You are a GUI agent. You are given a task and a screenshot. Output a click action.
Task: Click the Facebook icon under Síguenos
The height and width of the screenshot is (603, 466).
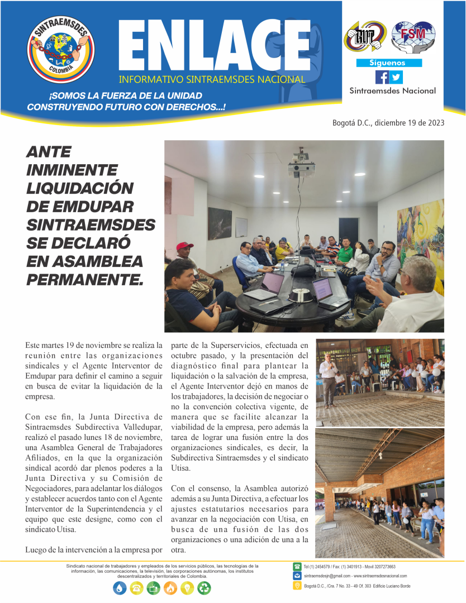click(382, 77)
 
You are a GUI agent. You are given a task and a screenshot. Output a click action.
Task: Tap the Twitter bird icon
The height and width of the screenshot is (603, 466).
click(396, 77)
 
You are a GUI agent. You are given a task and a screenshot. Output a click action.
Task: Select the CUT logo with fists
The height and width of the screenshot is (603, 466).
click(366, 37)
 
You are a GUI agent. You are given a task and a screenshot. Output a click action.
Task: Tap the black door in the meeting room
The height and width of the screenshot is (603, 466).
click(348, 229)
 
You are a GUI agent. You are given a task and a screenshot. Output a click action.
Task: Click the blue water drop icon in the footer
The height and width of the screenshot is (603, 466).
click(120, 588)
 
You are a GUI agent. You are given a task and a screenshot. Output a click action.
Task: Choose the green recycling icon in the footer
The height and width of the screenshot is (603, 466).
click(205, 588)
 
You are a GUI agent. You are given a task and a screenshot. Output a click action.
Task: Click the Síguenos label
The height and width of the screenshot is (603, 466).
click(389, 63)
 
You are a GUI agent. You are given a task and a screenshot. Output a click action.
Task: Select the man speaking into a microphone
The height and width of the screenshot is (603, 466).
click(329, 377)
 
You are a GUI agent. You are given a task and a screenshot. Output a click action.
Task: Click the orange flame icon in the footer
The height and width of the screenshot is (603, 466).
click(171, 588)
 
